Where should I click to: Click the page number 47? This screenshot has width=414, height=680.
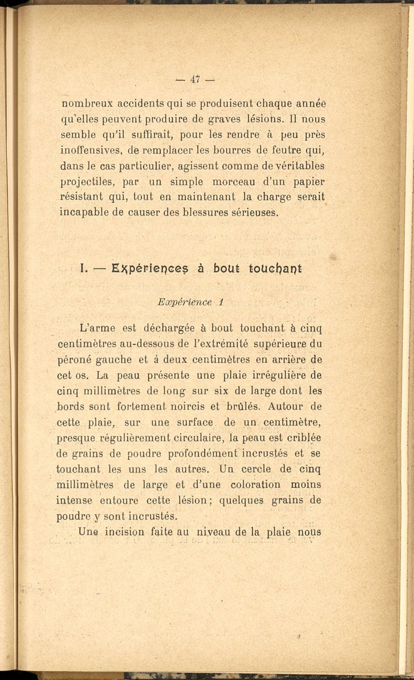195,79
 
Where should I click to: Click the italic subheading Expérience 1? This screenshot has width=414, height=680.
185,302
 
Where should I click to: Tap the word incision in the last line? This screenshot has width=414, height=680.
124,532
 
